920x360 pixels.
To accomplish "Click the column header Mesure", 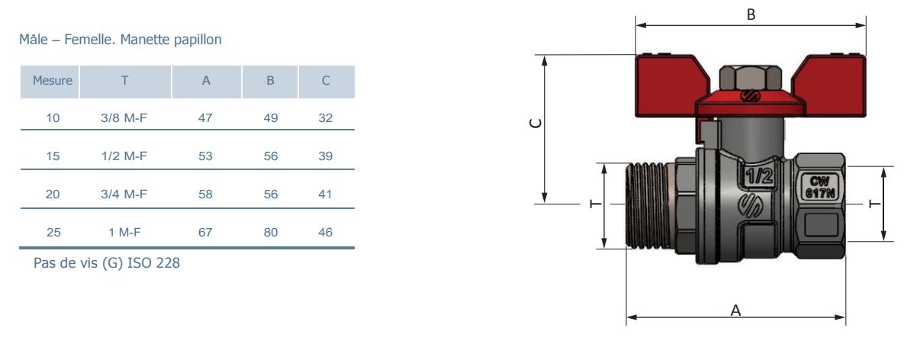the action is click(x=53, y=80).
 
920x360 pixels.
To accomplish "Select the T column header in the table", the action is click(x=125, y=80).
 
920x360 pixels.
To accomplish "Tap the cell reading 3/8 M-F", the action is click(x=124, y=117).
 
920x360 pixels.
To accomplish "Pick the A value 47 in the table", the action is click(x=205, y=117).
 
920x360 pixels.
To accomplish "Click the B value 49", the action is click(x=271, y=117).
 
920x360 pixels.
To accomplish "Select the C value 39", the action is click(x=325, y=156).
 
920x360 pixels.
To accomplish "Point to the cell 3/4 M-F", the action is click(x=124, y=194).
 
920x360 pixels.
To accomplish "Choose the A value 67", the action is click(x=205, y=233).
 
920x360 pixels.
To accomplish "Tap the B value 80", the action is click(x=271, y=233).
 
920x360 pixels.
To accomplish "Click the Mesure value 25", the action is click(x=53, y=233).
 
